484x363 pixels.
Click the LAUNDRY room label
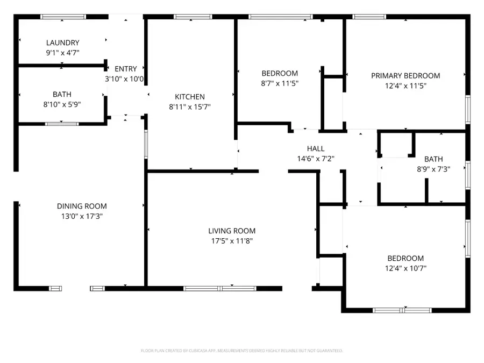click(62, 43)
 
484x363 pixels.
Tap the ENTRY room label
click(125, 69)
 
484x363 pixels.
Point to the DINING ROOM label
click(82, 206)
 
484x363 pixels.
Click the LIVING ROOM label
click(232, 231)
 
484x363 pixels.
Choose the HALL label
click(316, 148)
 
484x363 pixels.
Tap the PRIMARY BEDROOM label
click(405, 76)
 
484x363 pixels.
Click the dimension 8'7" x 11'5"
click(280, 83)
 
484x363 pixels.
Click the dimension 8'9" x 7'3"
click(433, 169)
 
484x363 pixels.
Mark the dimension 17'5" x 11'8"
click(232, 241)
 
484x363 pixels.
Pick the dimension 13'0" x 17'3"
click(82, 216)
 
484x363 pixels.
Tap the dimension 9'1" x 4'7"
click(62, 53)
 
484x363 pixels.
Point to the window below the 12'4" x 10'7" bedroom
click(402, 310)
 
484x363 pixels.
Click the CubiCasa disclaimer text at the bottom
click(241, 351)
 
